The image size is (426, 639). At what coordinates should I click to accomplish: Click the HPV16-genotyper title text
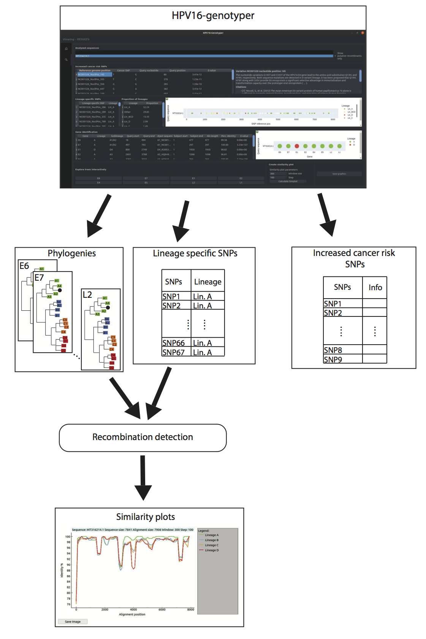point(213,16)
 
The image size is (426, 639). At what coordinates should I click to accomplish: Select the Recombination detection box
point(143,437)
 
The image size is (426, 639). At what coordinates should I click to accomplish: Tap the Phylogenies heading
point(71,253)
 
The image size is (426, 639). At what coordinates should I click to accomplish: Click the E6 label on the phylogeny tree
point(24,266)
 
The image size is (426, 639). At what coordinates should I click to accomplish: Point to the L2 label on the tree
point(87,295)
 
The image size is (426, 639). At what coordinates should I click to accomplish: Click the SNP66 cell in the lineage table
point(174,343)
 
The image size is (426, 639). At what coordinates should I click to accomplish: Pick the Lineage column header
point(207,282)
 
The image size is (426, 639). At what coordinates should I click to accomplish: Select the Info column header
point(375,288)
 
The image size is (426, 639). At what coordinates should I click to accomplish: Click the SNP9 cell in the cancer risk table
point(333,359)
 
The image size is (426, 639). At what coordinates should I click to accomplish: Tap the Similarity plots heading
point(145,517)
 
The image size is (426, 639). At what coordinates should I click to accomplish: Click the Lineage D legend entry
point(211,550)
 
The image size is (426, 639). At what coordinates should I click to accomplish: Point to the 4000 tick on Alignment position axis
point(133,609)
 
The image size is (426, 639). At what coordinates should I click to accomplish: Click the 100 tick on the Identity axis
point(68,537)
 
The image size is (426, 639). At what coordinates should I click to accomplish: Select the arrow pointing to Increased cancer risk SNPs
point(326,215)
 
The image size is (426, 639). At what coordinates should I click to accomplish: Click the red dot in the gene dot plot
point(297,146)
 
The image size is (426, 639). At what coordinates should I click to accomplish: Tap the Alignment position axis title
point(132,614)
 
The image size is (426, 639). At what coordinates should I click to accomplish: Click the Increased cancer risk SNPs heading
point(354,258)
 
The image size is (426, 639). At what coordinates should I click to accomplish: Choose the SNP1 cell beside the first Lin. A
point(171,296)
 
